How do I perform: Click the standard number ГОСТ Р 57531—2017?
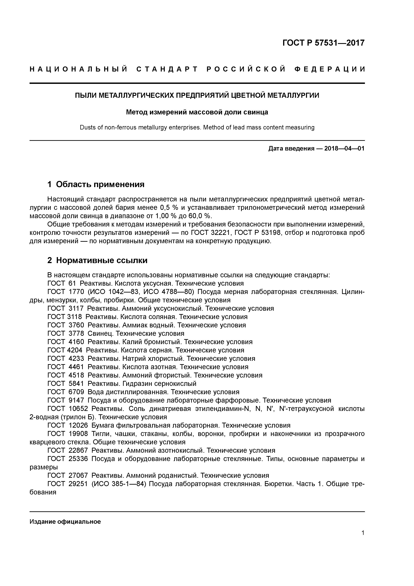[324, 43]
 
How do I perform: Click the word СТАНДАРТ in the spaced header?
[167, 69]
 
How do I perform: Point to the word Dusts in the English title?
[87, 127]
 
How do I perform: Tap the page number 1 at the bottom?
[363, 533]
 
